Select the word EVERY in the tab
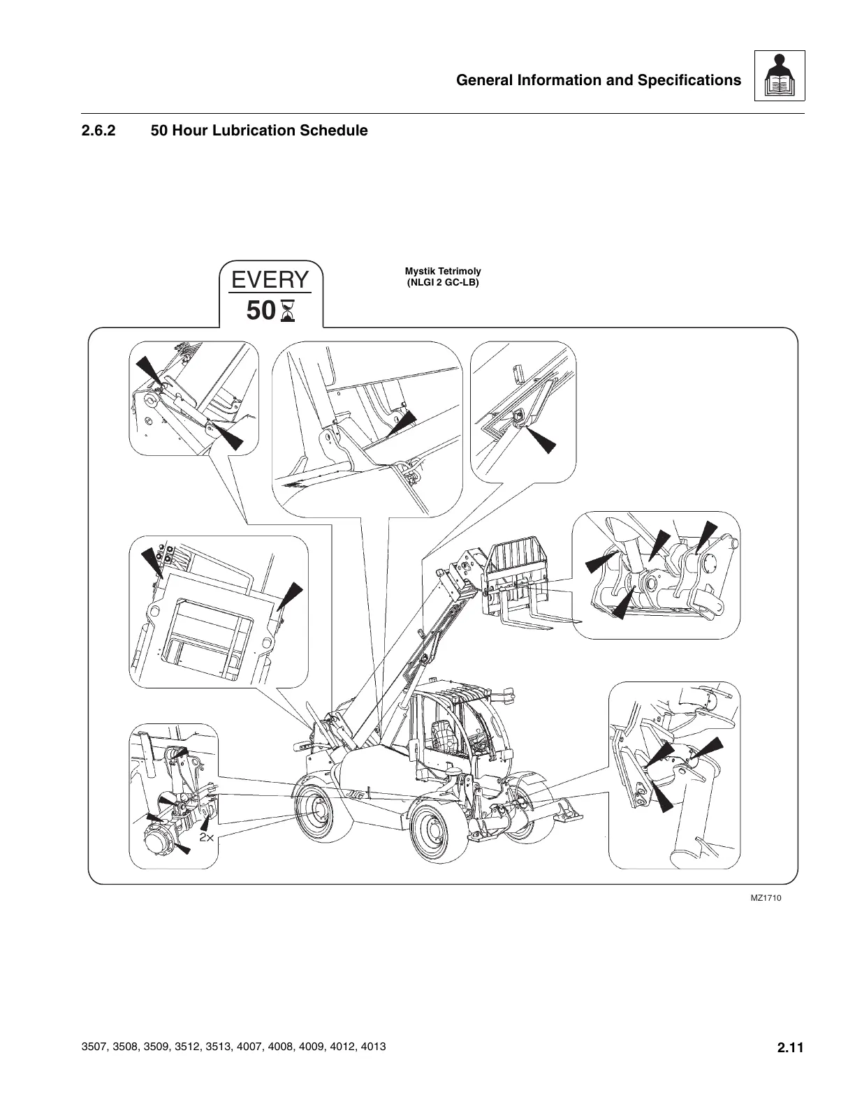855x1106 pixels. tap(270, 280)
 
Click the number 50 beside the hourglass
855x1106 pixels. tap(261, 311)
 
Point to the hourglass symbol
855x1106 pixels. tap(287, 311)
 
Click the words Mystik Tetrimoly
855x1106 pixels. tap(443, 271)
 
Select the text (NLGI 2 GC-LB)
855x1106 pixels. tap(443, 283)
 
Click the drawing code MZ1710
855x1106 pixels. tap(766, 898)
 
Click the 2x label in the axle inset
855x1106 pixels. tap(206, 837)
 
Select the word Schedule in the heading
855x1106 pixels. tap(333, 131)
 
